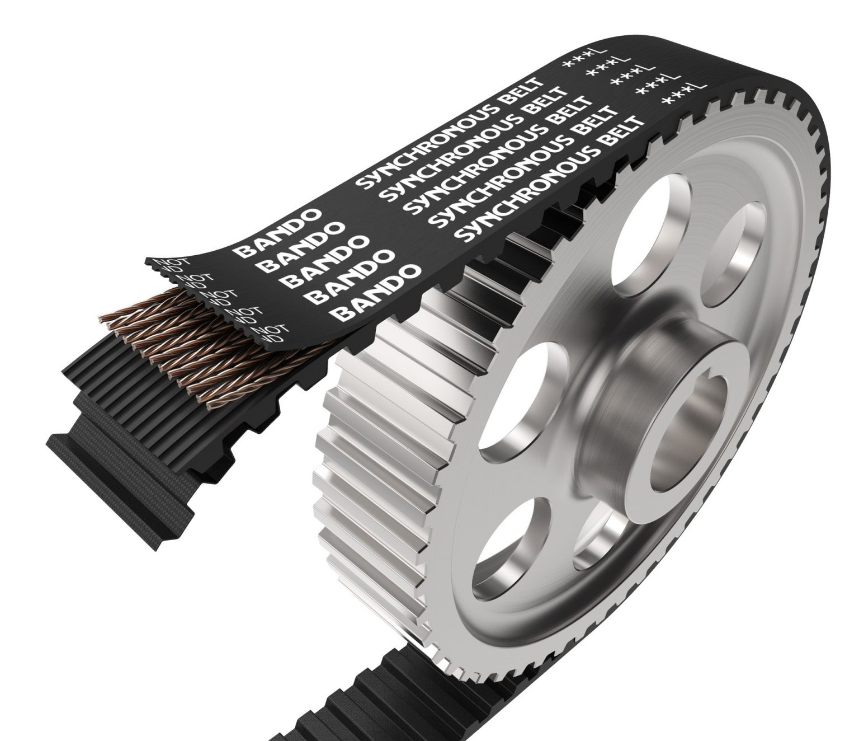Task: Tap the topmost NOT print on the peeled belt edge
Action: coord(166,262)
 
